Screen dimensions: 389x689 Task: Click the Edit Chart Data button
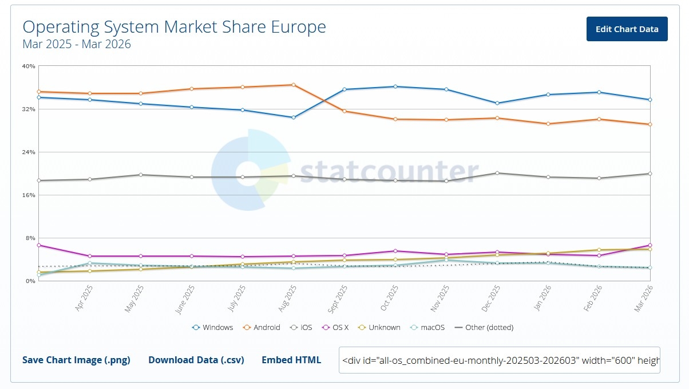(x=627, y=29)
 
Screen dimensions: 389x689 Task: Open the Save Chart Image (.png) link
(x=76, y=360)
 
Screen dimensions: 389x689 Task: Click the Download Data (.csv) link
(x=196, y=360)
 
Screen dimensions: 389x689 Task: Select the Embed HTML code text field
(x=499, y=360)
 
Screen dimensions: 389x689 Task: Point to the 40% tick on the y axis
(x=29, y=66)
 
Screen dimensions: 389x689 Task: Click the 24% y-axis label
(x=29, y=152)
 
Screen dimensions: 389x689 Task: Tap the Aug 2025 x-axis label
(x=288, y=299)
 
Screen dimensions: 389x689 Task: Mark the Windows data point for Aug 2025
(x=294, y=117)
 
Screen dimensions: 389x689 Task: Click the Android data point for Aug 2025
(x=294, y=85)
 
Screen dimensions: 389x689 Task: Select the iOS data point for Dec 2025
(x=497, y=173)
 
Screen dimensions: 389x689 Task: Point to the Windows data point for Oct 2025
(x=395, y=87)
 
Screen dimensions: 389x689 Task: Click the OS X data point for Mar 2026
(x=650, y=245)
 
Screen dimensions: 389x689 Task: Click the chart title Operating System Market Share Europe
(x=174, y=27)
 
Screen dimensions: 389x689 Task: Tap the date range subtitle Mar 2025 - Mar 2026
(x=77, y=44)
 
